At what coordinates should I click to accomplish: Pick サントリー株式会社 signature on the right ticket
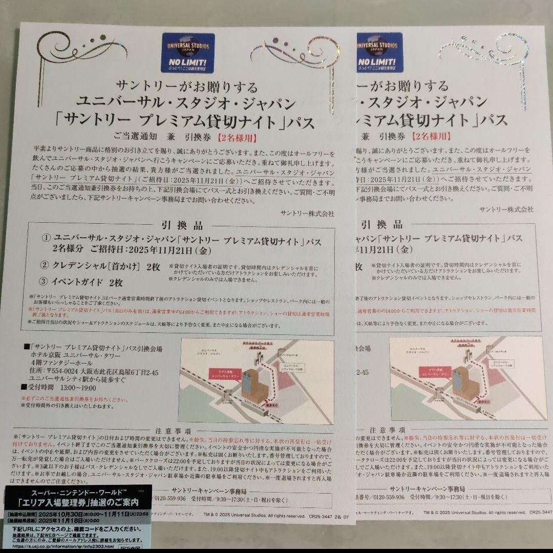coord(506,209)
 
